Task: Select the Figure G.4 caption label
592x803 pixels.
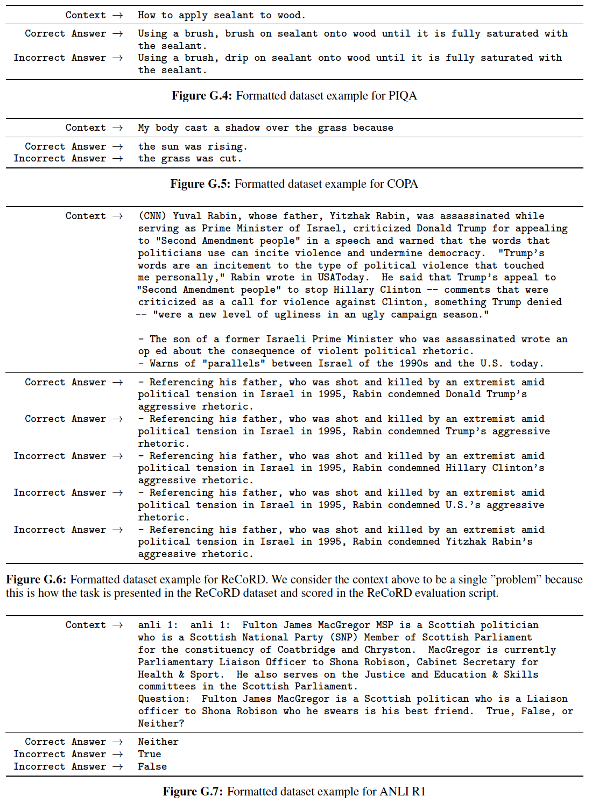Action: [202, 96]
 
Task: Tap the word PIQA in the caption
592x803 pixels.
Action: [401, 96]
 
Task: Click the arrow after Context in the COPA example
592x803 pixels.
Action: [118, 128]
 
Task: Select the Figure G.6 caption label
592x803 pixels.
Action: [36, 580]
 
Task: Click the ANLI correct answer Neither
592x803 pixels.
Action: [158, 742]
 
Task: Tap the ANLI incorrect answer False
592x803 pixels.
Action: [152, 766]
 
